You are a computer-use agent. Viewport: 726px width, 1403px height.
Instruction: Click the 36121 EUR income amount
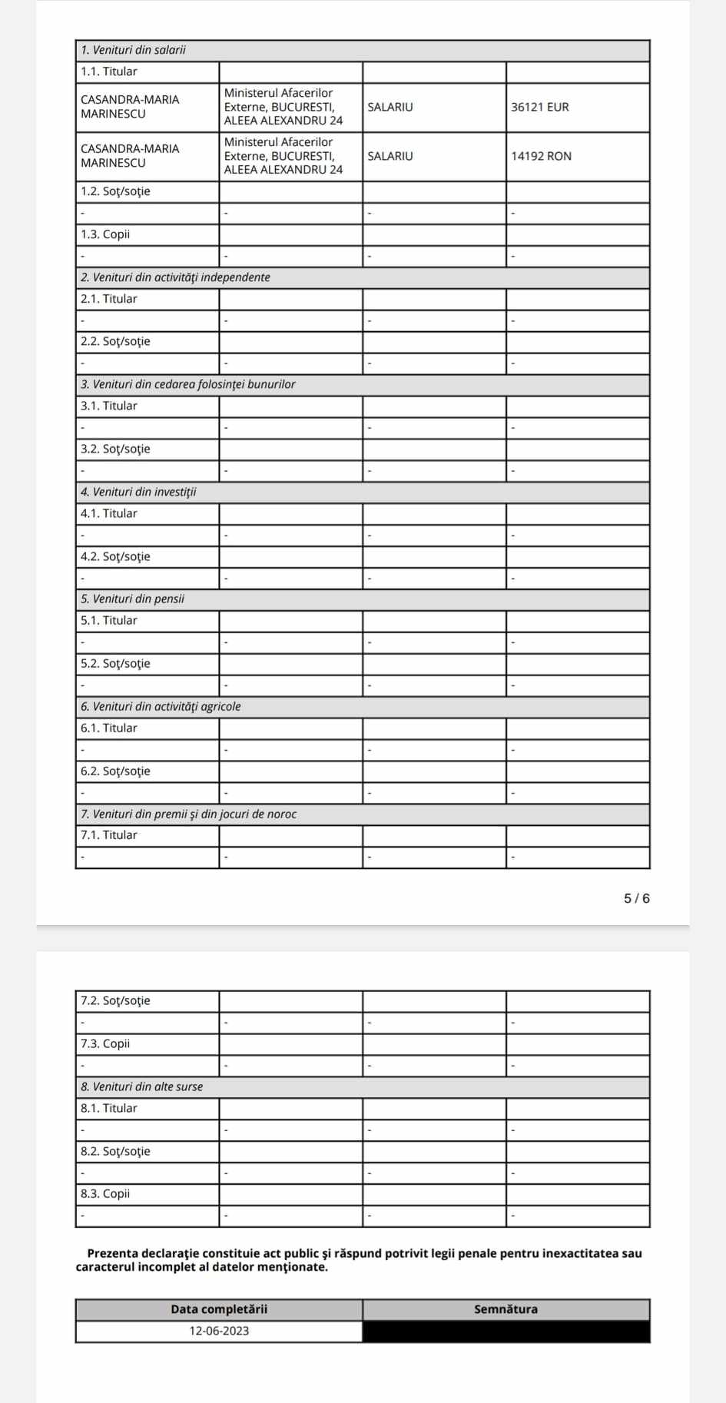point(540,107)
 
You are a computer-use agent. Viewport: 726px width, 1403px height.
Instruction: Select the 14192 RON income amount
point(541,156)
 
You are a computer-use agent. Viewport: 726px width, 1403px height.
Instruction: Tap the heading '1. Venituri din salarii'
point(134,50)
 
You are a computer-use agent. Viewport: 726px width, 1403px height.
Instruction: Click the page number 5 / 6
point(636,898)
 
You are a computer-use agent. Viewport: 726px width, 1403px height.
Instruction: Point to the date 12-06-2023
point(219,1331)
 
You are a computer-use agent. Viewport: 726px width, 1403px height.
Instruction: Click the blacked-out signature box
point(506,1331)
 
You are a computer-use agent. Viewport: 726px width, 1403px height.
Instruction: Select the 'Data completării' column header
point(219,1309)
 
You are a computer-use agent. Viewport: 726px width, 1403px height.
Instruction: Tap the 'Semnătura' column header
point(506,1309)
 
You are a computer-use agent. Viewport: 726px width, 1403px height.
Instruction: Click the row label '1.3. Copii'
point(105,234)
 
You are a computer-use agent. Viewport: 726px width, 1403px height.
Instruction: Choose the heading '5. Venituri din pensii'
point(133,599)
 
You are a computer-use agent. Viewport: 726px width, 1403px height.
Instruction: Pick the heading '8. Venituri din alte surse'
point(142,1086)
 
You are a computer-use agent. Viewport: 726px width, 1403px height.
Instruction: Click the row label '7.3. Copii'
point(105,1043)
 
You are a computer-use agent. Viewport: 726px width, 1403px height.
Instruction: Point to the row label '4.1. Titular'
point(109,513)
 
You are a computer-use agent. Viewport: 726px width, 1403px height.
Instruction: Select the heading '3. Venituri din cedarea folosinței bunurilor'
point(188,384)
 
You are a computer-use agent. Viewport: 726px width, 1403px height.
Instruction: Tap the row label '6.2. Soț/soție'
point(115,771)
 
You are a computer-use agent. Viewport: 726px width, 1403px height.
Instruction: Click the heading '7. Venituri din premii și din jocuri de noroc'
point(189,814)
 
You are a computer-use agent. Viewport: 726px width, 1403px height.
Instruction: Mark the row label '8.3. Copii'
point(105,1193)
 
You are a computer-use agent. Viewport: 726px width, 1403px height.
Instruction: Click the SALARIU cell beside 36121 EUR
point(390,107)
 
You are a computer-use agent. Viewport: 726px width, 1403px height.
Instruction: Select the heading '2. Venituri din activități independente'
point(176,277)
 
